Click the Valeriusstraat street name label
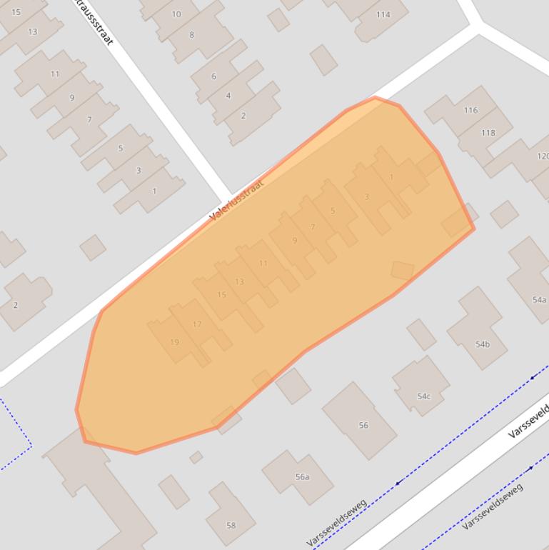click(x=237, y=199)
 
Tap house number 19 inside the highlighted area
click(x=174, y=342)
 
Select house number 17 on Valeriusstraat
click(x=197, y=324)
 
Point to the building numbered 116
click(x=470, y=110)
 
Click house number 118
click(x=488, y=133)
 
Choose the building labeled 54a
click(x=539, y=300)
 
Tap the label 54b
click(x=483, y=344)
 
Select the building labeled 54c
click(x=424, y=396)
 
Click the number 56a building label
click(x=302, y=477)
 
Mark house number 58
click(x=231, y=525)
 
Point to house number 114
click(x=383, y=14)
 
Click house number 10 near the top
click(x=176, y=14)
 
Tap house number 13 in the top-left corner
click(x=33, y=31)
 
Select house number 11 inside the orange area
click(x=263, y=263)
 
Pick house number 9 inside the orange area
click(x=295, y=241)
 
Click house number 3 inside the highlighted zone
click(x=367, y=197)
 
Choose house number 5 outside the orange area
click(x=121, y=149)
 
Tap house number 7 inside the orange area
click(x=313, y=227)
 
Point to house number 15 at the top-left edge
click(x=16, y=12)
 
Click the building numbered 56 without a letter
click(x=363, y=425)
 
